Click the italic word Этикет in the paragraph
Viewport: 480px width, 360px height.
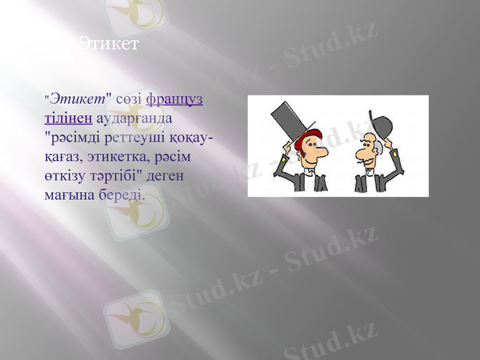(x=77, y=97)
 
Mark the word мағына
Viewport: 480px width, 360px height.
(x=67, y=196)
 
